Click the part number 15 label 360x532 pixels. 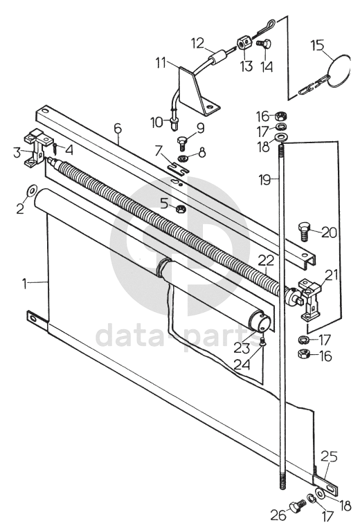point(318,45)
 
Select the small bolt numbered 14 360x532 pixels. point(263,45)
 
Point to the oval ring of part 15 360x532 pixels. point(339,70)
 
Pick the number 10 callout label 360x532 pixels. point(157,122)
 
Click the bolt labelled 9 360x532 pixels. point(182,143)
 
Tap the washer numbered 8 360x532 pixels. point(184,158)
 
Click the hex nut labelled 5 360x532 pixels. point(180,209)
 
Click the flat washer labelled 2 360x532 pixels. point(30,191)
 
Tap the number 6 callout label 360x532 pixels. point(117,128)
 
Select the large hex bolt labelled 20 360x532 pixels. point(304,232)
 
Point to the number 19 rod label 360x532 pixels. point(265,179)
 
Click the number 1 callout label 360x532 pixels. point(24,284)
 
